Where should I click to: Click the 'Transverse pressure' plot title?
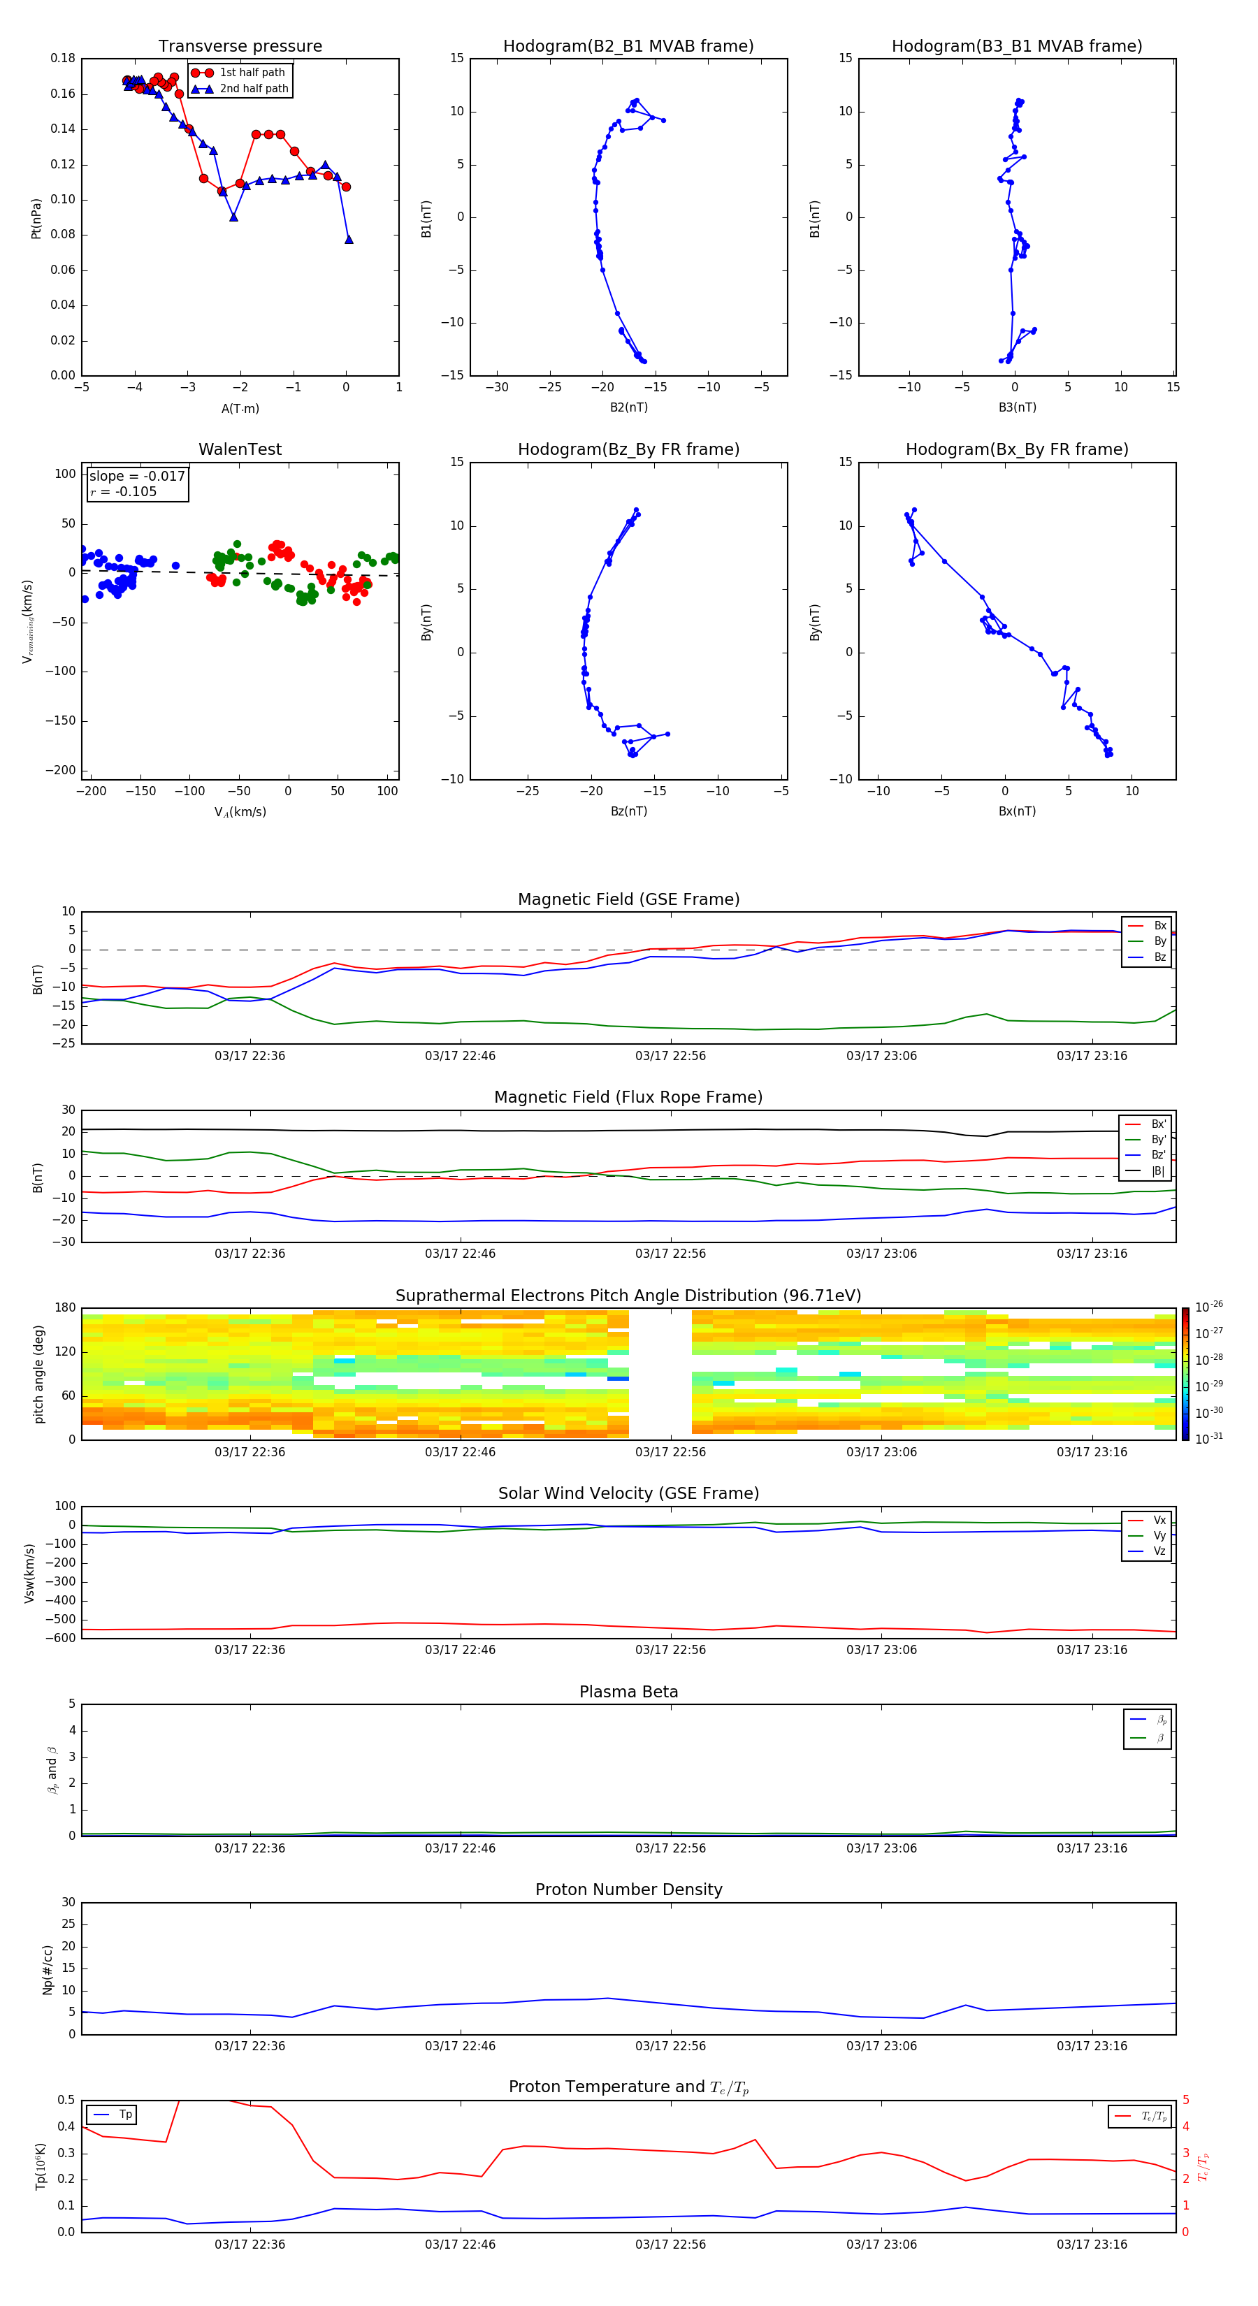[240, 47]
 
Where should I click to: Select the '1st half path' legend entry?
[252, 73]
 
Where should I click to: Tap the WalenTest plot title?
[240, 449]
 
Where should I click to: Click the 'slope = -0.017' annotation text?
[137, 477]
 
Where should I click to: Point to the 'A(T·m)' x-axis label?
[240, 408]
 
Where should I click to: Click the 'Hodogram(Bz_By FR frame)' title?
[628, 449]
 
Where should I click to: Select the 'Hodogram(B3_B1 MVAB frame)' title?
[1016, 47]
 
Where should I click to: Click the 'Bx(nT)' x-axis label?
[1017, 811]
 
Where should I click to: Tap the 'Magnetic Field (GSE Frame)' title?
[628, 899]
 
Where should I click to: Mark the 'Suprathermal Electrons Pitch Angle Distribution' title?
[628, 1296]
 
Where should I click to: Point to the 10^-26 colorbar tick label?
[1209, 1306]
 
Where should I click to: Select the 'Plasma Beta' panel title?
[628, 1692]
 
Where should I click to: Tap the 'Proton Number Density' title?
[628, 1890]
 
